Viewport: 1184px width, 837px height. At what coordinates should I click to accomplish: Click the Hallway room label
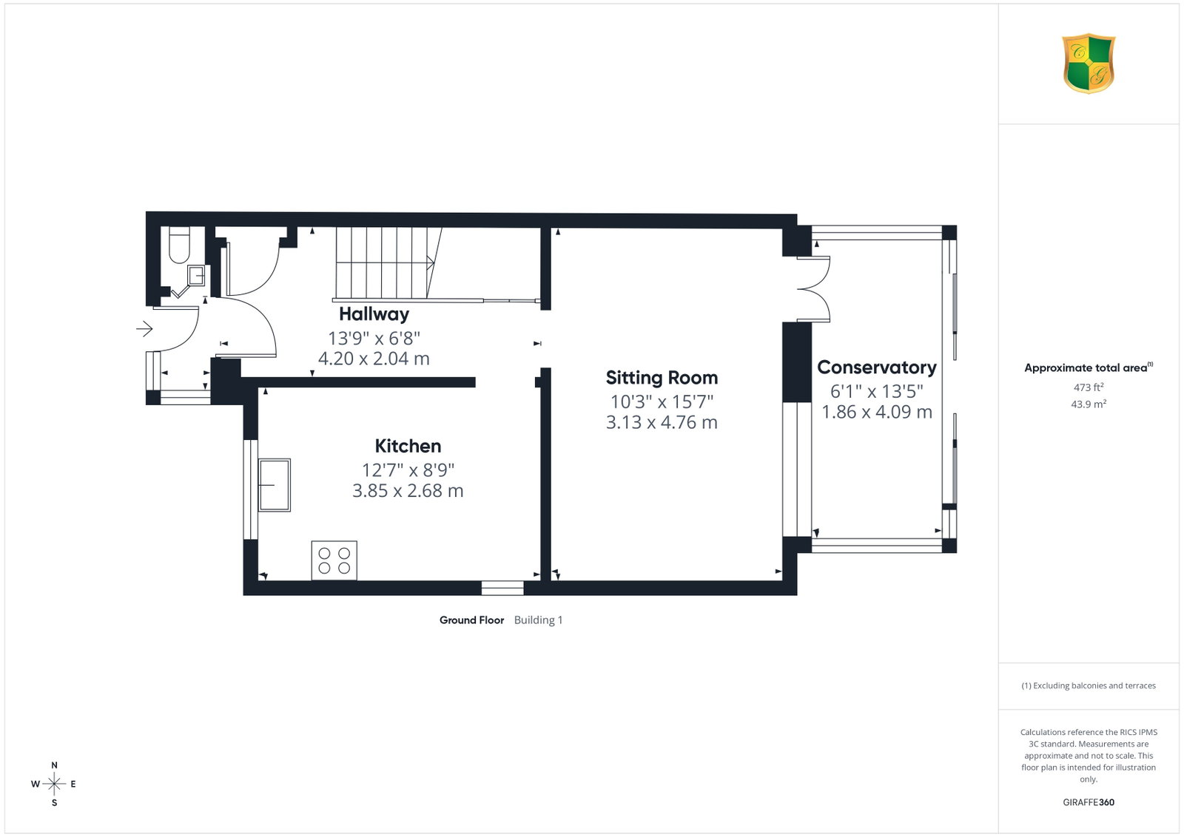coord(374,314)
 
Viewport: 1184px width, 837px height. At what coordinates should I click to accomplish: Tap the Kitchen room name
coord(408,446)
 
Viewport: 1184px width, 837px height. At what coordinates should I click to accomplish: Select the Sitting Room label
coord(662,378)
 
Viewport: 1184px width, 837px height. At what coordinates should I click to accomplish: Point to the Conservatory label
coord(876,367)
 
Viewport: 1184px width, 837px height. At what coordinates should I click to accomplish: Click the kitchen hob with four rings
coord(334,560)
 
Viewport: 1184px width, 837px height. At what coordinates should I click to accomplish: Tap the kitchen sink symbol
coord(275,485)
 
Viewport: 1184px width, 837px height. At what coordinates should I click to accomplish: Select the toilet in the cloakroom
coord(179,245)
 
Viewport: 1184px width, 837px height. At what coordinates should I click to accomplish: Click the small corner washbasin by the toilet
coord(196,276)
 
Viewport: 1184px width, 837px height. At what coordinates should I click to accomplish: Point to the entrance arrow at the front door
coord(144,329)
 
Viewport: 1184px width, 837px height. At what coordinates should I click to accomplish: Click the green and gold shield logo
coord(1089,64)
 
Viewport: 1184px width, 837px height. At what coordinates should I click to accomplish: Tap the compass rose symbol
coord(54,784)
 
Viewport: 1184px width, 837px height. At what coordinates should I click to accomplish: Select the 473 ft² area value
coord(1089,387)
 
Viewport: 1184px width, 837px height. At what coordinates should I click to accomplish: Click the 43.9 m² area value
coord(1089,404)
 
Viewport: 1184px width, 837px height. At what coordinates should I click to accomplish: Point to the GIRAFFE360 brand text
coord(1089,802)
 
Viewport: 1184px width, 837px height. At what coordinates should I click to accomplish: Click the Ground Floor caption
coord(471,620)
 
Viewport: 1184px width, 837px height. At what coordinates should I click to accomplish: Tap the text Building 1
coord(538,620)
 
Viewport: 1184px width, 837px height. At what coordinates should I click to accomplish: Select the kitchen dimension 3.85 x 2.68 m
coord(408,490)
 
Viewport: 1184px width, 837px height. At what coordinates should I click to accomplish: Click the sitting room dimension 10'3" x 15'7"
coord(662,402)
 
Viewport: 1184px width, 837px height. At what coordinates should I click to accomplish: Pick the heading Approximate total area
coord(1089,367)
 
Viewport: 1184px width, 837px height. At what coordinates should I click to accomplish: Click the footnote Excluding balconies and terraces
coord(1089,685)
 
